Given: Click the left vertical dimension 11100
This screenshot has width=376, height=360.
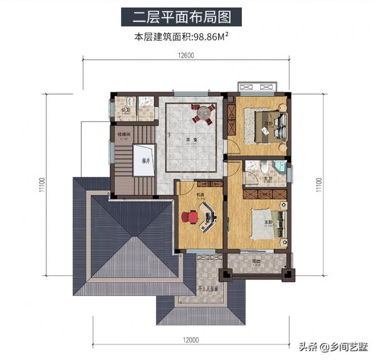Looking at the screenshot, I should (x=42, y=186).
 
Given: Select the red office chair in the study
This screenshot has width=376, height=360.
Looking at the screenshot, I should (x=189, y=217).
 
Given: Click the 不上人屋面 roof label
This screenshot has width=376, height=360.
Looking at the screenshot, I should (x=208, y=290).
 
